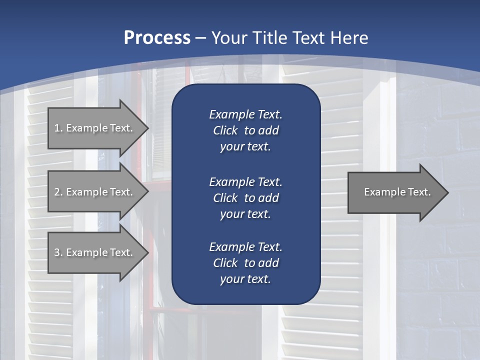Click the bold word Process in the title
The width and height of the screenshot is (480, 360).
tap(157, 38)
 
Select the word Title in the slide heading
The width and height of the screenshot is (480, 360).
tap(271, 38)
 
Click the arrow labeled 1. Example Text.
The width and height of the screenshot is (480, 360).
tap(93, 128)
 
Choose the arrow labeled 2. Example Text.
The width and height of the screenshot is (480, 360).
tap(93, 192)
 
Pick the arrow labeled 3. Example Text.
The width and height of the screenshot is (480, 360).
tap(93, 252)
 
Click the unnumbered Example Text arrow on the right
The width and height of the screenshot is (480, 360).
tap(397, 192)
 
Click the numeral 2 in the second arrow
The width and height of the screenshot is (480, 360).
tap(57, 192)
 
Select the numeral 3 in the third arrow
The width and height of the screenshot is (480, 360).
tap(57, 252)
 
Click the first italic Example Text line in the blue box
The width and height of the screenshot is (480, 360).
tap(245, 114)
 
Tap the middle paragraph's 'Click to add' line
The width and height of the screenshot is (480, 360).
tap(245, 198)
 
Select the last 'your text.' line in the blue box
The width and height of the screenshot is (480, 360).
tap(245, 279)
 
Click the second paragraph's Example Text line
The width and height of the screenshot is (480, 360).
tap(245, 181)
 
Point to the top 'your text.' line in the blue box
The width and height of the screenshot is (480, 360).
tap(245, 147)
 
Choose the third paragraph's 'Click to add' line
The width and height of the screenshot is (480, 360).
tap(245, 263)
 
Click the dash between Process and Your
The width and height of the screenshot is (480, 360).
tap(200, 38)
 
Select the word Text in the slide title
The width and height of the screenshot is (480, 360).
tap(310, 38)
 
